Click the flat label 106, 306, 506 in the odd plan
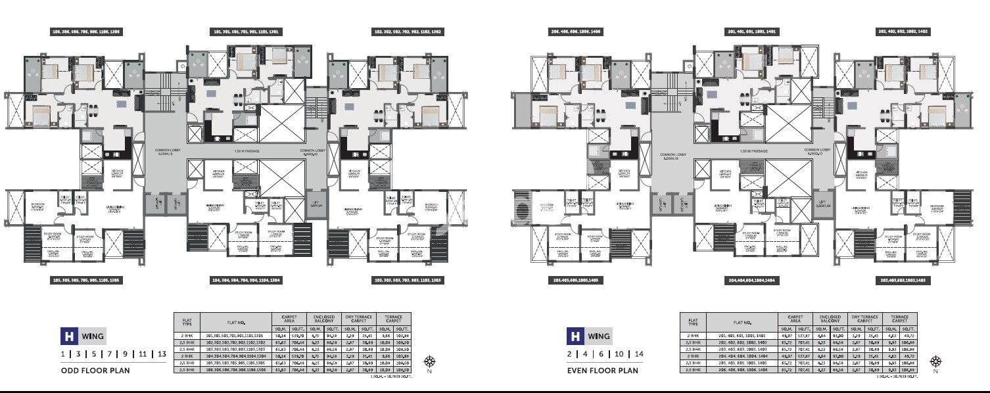[87, 32]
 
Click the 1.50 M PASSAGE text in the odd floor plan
[247, 152]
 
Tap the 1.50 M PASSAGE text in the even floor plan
[753, 152]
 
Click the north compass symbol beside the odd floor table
[430, 361]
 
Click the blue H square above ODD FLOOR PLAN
[68, 336]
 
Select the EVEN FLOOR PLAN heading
[602, 370]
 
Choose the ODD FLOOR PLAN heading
[95, 370]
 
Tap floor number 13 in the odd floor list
[160, 354]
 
